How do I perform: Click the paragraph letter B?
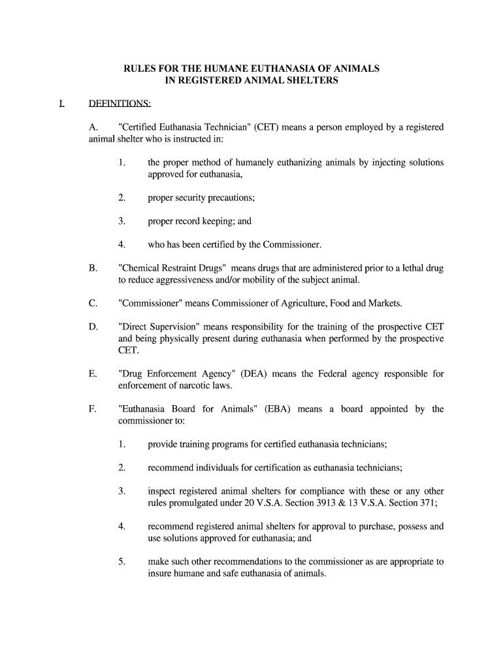93,268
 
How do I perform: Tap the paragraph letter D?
93,326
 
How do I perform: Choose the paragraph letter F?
92,409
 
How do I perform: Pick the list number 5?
122,561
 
